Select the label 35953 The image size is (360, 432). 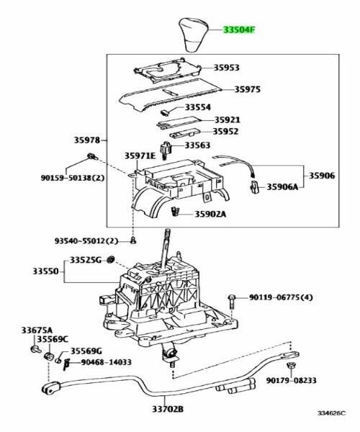(x=226, y=68)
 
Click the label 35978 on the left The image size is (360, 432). (x=86, y=140)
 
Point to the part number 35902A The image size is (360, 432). (x=210, y=213)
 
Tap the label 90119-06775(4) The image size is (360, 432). (x=282, y=297)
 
